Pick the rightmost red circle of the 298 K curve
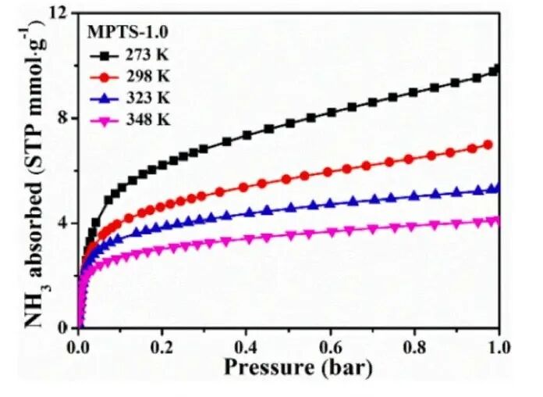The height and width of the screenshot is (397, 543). [488, 145]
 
